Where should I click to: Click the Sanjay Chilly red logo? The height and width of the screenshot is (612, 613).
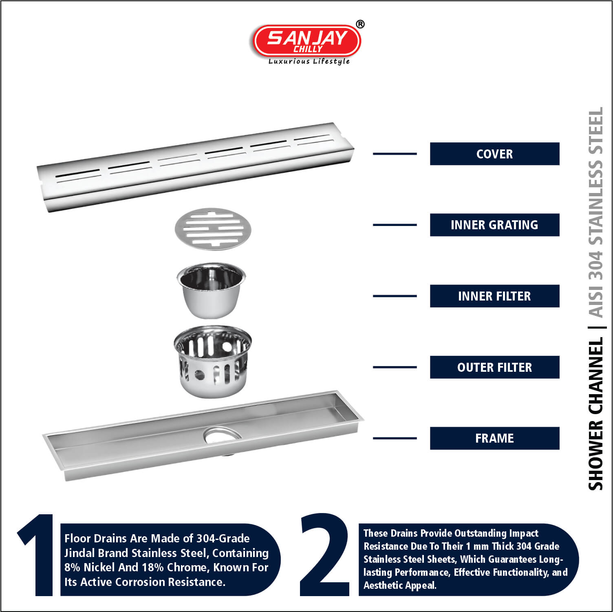tap(307, 41)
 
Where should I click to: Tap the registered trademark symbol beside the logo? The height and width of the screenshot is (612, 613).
tap(360, 24)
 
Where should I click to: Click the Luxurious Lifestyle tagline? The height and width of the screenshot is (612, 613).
tap(309, 61)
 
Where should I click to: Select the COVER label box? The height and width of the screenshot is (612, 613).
tap(494, 154)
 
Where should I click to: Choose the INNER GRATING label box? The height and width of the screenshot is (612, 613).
tap(494, 225)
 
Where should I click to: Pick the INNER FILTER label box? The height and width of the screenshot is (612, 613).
tap(494, 296)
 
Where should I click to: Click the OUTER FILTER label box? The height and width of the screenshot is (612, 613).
tap(494, 367)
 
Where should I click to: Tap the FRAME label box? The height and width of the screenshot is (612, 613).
tap(494, 438)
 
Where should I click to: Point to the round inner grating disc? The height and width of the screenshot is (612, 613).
tap(213, 229)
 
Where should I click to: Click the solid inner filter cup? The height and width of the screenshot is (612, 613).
tap(212, 290)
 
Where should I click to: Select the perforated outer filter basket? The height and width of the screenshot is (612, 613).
tap(213, 361)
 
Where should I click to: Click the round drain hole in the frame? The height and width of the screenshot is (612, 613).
tap(223, 435)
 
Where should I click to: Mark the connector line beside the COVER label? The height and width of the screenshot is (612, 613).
tap(395, 154)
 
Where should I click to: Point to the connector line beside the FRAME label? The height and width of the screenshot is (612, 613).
tap(395, 438)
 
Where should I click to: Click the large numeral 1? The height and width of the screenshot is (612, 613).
tap(36, 555)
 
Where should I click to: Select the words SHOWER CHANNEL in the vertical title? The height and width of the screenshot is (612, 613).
tap(595, 414)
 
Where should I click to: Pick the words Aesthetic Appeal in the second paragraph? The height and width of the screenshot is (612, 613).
tap(400, 586)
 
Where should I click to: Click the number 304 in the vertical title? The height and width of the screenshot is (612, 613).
tap(595, 265)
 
